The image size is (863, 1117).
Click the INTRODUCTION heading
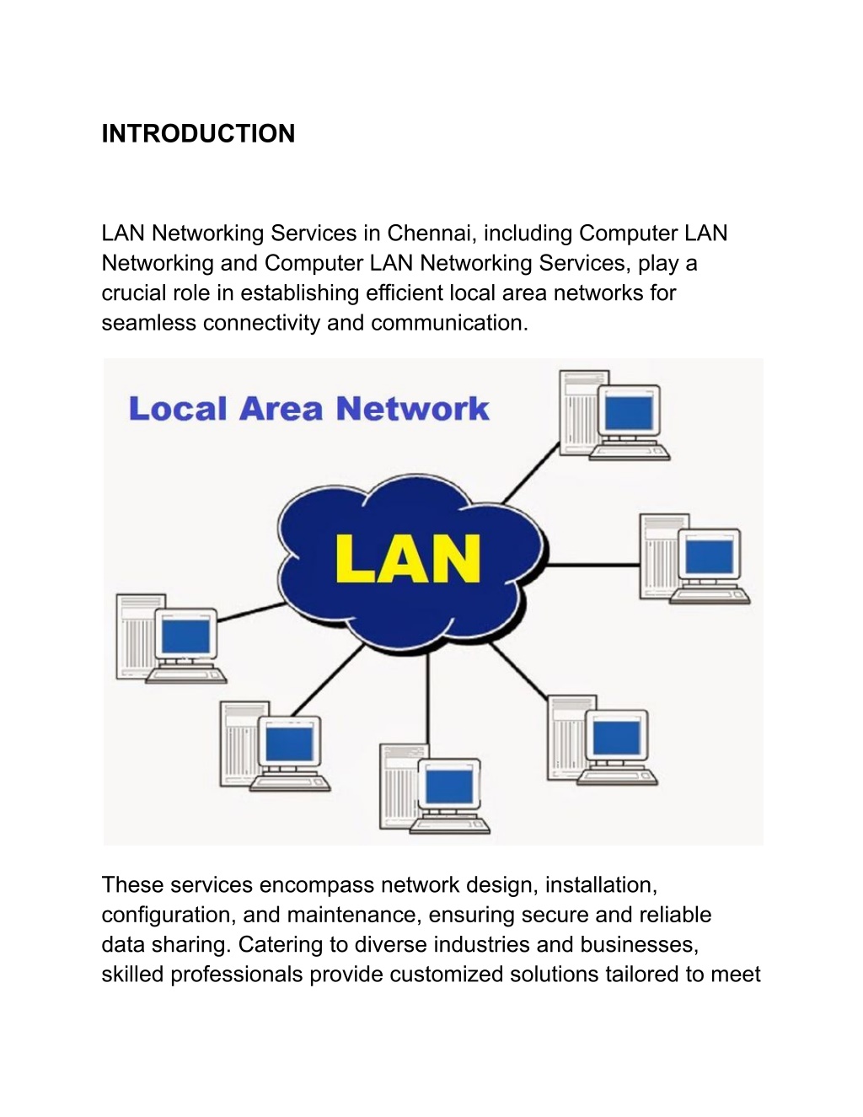(198, 134)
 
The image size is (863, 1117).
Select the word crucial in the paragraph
(133, 293)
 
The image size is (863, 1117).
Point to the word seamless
(149, 324)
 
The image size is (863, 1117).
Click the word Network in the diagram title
(412, 409)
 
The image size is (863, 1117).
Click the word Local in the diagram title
(178, 409)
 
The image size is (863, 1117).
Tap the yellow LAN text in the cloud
(408, 559)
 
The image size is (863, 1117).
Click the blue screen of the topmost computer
(629, 412)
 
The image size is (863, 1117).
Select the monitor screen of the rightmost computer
(709, 556)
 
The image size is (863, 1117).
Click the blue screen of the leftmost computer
(185, 636)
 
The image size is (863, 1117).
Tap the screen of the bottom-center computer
(449, 787)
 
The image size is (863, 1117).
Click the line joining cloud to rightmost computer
(593, 565)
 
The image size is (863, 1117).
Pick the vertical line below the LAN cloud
(427, 699)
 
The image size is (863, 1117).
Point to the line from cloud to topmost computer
(531, 473)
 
